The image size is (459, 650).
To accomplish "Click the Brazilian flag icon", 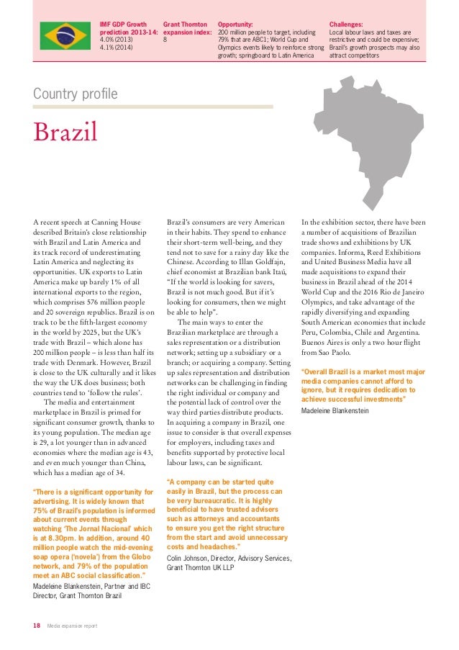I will pyautogui.click(x=64, y=32).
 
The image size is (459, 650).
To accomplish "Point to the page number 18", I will pyautogui.click(x=36, y=626).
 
